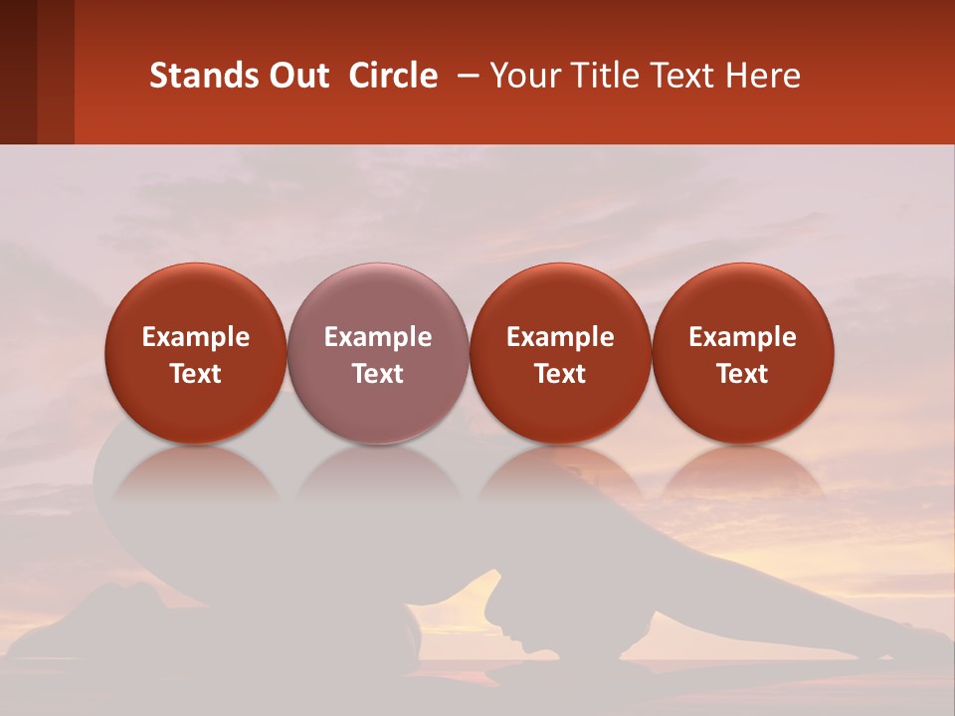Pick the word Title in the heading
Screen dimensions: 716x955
pyautogui.click(x=603, y=76)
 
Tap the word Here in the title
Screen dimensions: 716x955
pyautogui.click(x=762, y=76)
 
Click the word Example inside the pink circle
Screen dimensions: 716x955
pyautogui.click(x=378, y=337)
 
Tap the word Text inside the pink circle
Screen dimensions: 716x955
pyautogui.click(x=378, y=374)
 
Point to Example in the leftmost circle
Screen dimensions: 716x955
pyautogui.click(x=196, y=337)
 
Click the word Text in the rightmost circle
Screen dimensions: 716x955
pyautogui.click(x=742, y=374)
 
